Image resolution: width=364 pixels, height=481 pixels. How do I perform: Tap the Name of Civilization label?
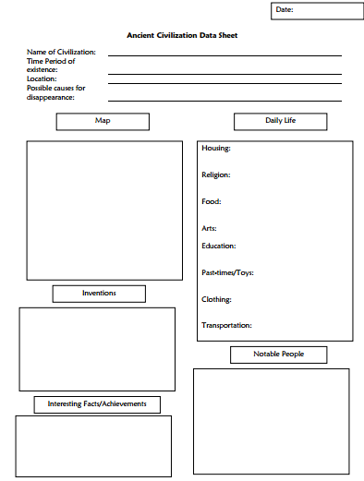pyautogui.click(x=61, y=52)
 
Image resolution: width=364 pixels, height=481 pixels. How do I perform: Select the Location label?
pyautogui.click(x=42, y=78)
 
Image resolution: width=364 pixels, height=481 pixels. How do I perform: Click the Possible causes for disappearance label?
pyautogui.click(x=55, y=92)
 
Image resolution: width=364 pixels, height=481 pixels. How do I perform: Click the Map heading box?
pyautogui.click(x=102, y=121)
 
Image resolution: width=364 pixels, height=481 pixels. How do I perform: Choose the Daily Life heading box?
pyautogui.click(x=281, y=121)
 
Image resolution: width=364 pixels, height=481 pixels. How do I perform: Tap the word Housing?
pyautogui.click(x=216, y=148)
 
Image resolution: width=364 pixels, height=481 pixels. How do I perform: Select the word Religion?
pyautogui.click(x=216, y=174)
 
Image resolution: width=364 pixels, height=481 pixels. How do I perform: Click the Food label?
pyautogui.click(x=211, y=201)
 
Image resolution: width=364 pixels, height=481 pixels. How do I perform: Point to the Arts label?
pyautogui.click(x=210, y=228)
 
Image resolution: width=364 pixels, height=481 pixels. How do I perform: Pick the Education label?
pyautogui.click(x=219, y=247)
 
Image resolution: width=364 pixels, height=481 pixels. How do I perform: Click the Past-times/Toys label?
pyautogui.click(x=227, y=273)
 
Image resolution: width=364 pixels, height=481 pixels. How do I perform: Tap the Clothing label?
pyautogui.click(x=216, y=300)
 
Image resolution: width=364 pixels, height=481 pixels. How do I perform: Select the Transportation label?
pyautogui.click(x=226, y=326)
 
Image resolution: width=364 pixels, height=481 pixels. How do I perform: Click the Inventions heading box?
pyautogui.click(x=99, y=294)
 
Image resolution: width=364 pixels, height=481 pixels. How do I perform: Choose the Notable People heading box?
pyautogui.click(x=278, y=355)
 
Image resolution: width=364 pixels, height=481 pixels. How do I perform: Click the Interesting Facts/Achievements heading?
pyautogui.click(x=97, y=404)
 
